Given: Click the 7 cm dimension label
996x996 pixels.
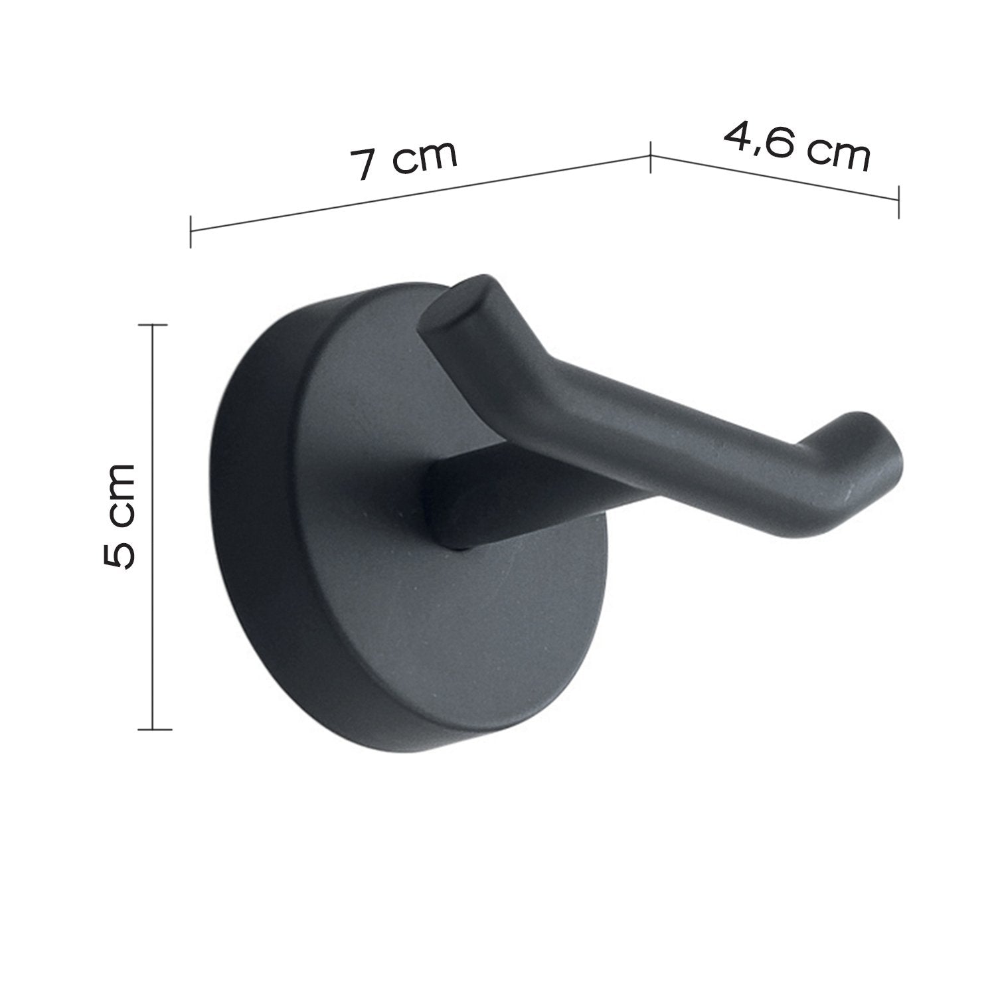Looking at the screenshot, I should pos(404,159).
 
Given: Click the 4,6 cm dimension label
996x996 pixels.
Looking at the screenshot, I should pos(797,145).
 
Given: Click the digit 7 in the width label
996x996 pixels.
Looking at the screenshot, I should pos(364,165).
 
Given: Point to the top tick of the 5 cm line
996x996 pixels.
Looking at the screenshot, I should pos(153,325).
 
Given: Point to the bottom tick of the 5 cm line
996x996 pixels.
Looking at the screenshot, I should pos(153,730).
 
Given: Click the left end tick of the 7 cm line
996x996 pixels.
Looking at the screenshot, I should pos(191,230).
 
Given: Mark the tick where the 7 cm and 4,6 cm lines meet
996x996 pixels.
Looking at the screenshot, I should pos(650,157).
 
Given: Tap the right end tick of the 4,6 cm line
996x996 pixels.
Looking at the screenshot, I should pos(898,201).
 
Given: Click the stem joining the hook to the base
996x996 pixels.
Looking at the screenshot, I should pos(465,505).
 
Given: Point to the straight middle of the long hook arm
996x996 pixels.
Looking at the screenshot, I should pos(664,425).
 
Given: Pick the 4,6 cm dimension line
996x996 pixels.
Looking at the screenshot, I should pos(774,178).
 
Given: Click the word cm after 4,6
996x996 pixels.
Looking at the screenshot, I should pos(838,155).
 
